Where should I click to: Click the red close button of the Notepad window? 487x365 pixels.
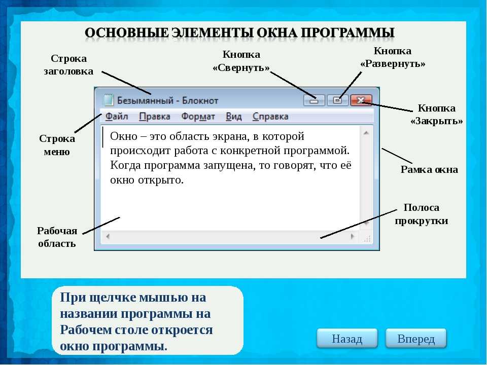click(361, 100)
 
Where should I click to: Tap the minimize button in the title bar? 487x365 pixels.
click(314, 100)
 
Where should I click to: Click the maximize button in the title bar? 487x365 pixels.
click(337, 100)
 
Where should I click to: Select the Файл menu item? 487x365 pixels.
click(117, 117)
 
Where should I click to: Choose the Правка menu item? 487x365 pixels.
click(154, 117)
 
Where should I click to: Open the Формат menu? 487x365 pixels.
click(198, 117)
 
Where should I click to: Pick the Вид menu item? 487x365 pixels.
click(233, 117)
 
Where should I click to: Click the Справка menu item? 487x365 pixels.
click(270, 117)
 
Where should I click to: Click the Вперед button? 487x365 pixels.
click(416, 338)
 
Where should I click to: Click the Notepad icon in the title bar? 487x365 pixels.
click(109, 100)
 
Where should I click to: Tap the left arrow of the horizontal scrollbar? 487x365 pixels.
click(108, 237)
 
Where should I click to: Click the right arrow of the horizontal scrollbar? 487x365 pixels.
click(352, 236)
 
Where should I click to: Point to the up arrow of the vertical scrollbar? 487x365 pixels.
click(366, 133)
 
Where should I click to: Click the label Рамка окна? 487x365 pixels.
click(429, 169)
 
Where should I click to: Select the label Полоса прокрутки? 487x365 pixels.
click(422, 214)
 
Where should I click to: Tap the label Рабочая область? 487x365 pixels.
click(57, 237)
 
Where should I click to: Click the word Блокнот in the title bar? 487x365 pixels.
click(200, 100)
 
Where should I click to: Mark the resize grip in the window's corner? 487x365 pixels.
click(367, 238)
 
